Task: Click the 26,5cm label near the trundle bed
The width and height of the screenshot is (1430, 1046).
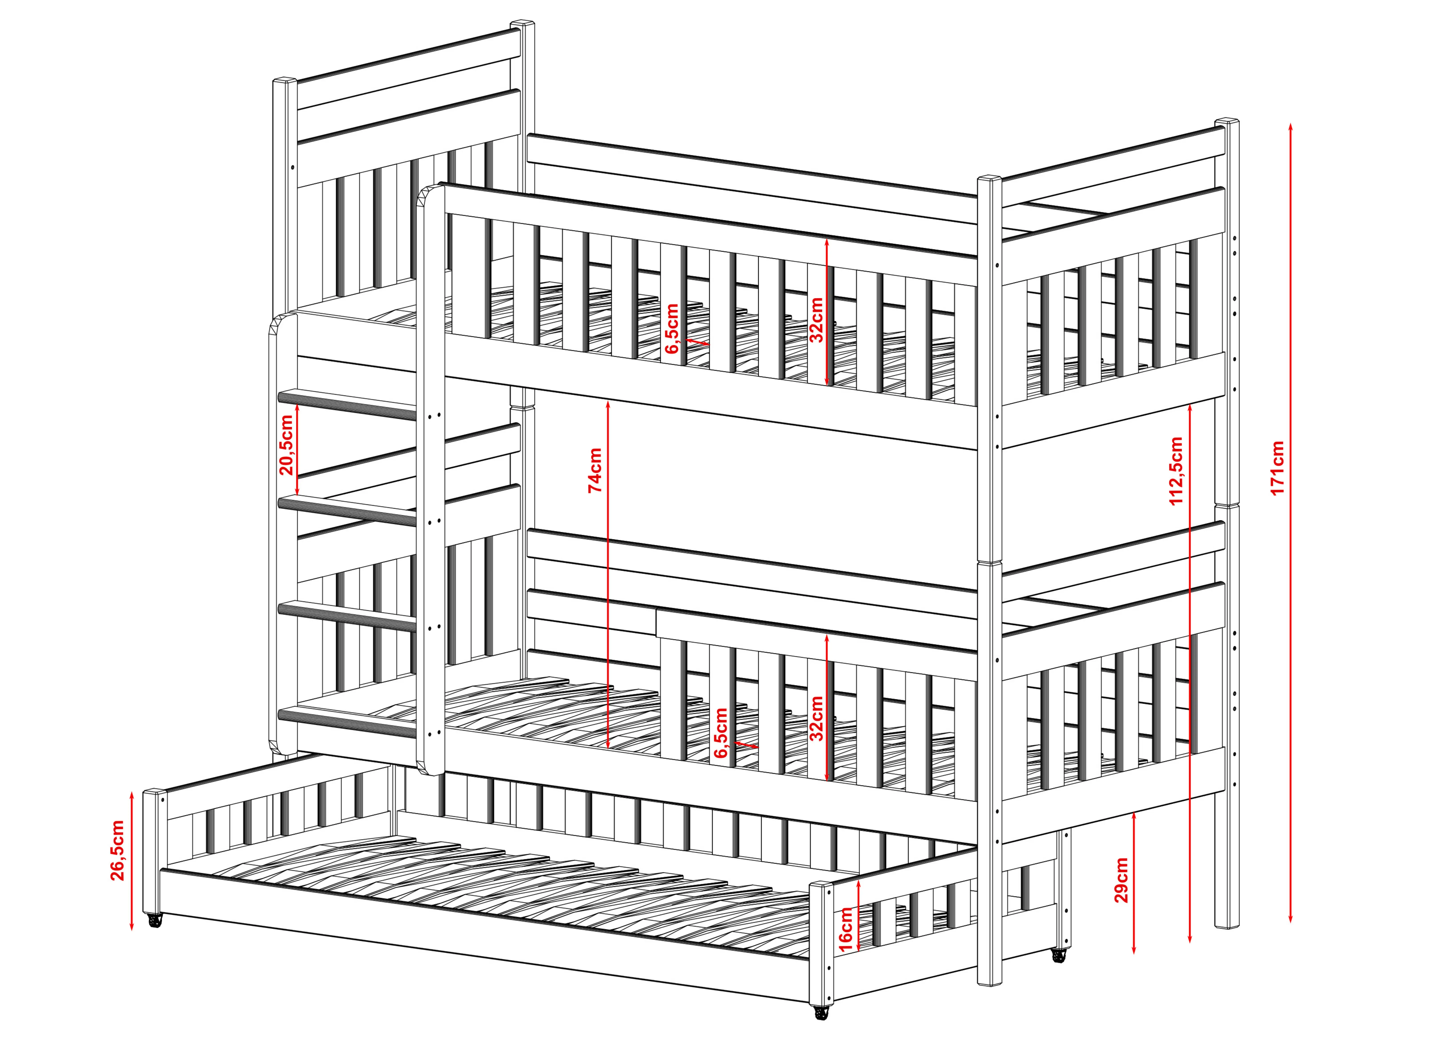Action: tap(118, 850)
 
